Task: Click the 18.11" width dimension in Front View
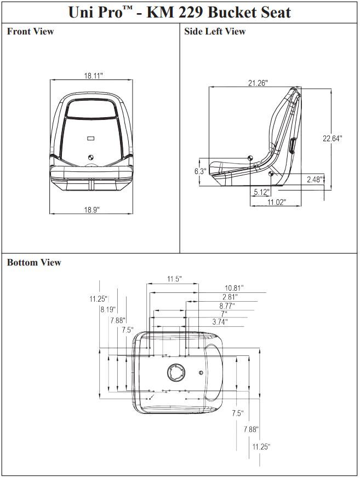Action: [93, 76]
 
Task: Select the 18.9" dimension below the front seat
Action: [92, 210]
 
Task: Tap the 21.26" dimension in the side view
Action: [258, 83]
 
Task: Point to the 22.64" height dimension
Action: [332, 139]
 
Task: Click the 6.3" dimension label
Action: [200, 171]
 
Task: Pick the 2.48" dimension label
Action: [315, 179]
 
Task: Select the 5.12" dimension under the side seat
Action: [261, 192]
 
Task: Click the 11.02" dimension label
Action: [276, 202]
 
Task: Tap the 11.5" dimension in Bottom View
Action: [174, 279]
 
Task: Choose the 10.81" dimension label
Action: [234, 287]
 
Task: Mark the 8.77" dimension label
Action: [227, 306]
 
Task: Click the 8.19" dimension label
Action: [108, 309]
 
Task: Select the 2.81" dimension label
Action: [230, 297]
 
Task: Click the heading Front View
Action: [30, 32]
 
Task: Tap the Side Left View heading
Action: [215, 32]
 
